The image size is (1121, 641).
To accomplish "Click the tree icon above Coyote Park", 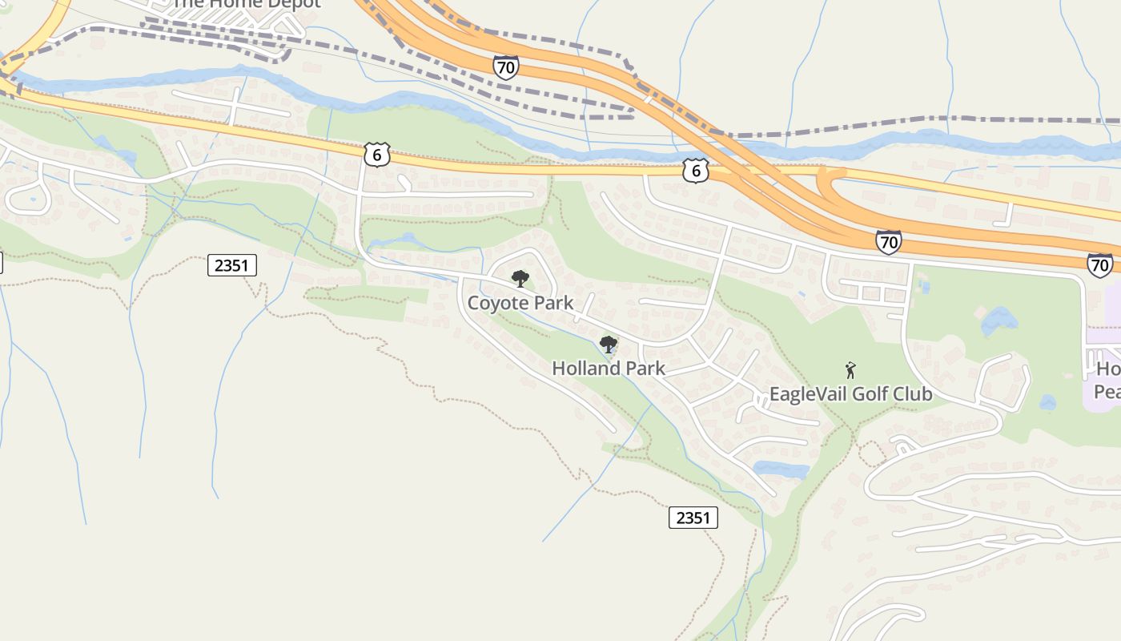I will [x=520, y=279].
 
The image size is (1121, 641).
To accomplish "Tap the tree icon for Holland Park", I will [x=609, y=345].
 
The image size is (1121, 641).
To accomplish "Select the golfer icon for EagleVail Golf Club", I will [x=850, y=370].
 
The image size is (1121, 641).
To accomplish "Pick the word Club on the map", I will [x=915, y=394].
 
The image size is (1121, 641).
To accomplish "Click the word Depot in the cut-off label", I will [x=293, y=3].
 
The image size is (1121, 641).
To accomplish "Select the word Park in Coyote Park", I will [x=555, y=303].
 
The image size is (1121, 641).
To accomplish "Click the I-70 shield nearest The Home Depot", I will [x=505, y=67].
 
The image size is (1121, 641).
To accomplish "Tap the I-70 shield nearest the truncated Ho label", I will [x=1099, y=264].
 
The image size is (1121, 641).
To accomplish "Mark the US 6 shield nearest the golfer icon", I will [x=697, y=170].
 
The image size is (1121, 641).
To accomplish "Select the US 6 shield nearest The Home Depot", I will [x=376, y=155].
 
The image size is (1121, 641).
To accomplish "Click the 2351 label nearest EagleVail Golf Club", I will [x=693, y=518].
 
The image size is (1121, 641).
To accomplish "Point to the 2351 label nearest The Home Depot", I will [x=232, y=265].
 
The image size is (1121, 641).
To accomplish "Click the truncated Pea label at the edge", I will [x=1107, y=392].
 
